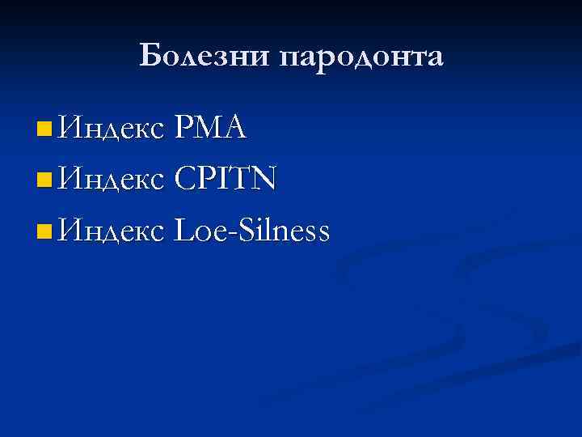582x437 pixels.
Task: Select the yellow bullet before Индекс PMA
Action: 44,127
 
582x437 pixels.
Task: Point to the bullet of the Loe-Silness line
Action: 44,233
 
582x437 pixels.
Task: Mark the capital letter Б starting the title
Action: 150,57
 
